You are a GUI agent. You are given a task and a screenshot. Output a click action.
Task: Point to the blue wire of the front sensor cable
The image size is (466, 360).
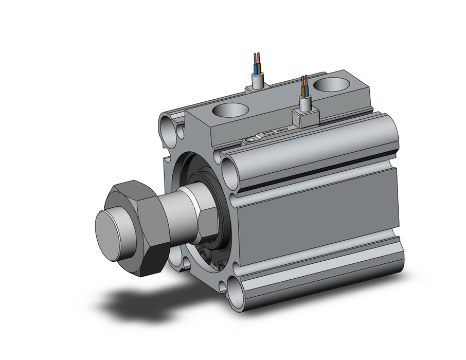tap(307, 92)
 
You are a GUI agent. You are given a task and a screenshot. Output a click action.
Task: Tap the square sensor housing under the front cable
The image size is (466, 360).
tap(303, 119)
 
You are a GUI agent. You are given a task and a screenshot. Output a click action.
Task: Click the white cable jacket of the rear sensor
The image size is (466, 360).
tap(258, 80)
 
